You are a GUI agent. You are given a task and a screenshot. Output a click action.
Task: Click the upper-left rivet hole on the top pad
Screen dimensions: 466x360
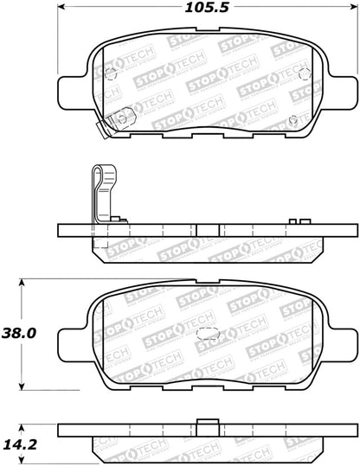tap(109, 72)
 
